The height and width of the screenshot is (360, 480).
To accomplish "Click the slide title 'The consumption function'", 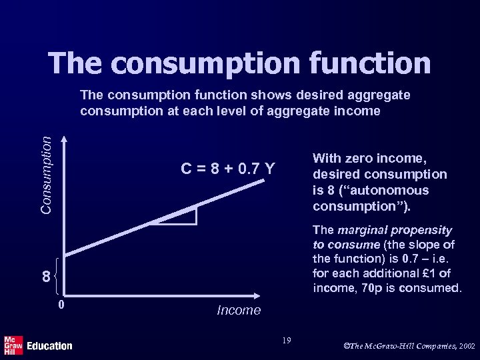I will [x=239, y=63].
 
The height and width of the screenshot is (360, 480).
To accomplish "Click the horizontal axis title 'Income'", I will [x=239, y=310].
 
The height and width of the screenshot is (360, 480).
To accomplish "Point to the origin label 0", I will [x=61, y=306].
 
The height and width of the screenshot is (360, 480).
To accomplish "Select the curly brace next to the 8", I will [x=57, y=275].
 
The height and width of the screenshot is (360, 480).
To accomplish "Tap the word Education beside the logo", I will [x=49, y=345].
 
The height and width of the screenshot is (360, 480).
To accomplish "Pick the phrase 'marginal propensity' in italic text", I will [x=395, y=230].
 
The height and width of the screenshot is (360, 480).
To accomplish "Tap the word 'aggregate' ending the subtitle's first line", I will [x=378, y=95].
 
